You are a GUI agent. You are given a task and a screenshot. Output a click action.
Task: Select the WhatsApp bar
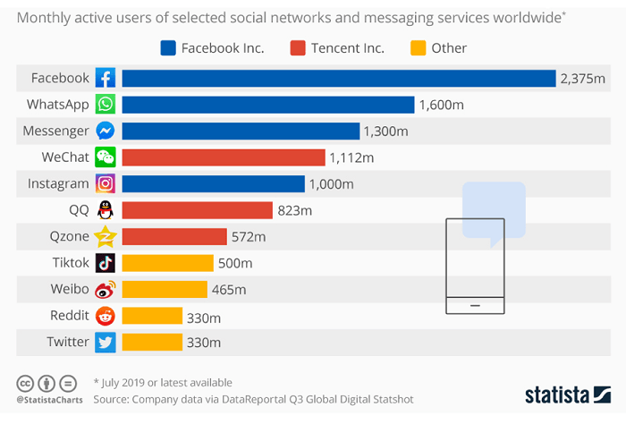point(267,105)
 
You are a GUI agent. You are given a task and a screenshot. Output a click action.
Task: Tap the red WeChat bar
point(223,157)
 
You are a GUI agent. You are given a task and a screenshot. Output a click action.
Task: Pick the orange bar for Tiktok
point(167,263)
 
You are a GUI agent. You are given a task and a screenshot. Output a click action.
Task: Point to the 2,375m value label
point(583,79)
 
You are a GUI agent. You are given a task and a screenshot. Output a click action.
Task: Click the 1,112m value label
point(351,157)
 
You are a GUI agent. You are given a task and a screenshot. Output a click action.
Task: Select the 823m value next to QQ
point(295,210)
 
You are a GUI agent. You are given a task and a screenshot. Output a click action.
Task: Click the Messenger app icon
point(106,131)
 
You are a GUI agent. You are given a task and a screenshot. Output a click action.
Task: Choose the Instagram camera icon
point(106,184)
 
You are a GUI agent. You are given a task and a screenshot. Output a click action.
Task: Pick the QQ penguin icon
point(106,210)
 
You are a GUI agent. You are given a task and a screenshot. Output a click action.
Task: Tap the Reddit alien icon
point(106,316)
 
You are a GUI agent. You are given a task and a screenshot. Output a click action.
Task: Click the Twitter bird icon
point(106,342)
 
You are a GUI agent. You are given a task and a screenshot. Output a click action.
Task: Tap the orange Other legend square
point(417,47)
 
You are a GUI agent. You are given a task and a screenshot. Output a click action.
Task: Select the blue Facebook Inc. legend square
point(167,47)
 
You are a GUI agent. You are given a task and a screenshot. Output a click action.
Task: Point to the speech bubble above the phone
point(493,212)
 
